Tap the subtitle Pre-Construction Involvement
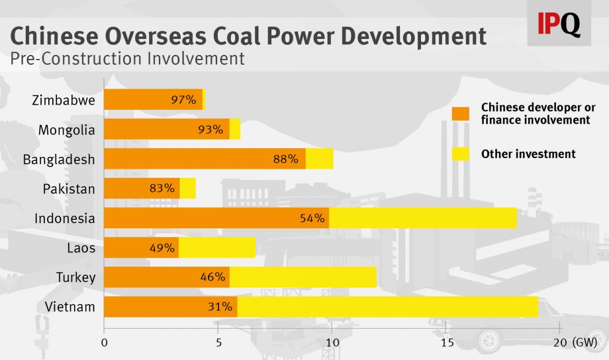[127, 59]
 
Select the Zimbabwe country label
[64, 100]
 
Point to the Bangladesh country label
[59, 159]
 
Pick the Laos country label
[81, 248]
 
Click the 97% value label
[183, 100]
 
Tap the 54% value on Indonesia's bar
[312, 218]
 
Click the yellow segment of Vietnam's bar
[387, 307]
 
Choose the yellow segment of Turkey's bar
[303, 277]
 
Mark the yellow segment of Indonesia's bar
[423, 218]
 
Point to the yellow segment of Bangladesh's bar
[319, 159]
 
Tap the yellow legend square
[460, 154]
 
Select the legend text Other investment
[528, 154]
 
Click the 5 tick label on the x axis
[218, 343]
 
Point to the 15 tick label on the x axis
[447, 343]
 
